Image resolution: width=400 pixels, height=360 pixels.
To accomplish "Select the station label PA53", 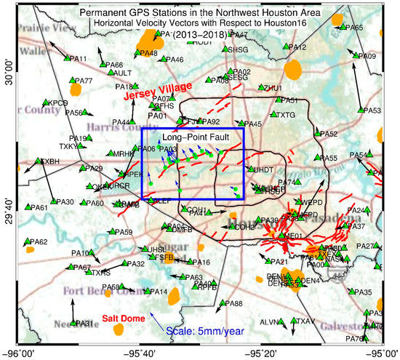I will pyautogui.click(x=372, y=111).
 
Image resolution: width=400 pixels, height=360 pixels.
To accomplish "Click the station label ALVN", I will pyautogui.click(x=269, y=321).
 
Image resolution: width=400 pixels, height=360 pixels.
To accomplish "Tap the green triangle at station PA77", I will pyautogui.click(x=70, y=81).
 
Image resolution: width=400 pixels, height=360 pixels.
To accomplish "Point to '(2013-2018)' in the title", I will pyautogui.click(x=200, y=35).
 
